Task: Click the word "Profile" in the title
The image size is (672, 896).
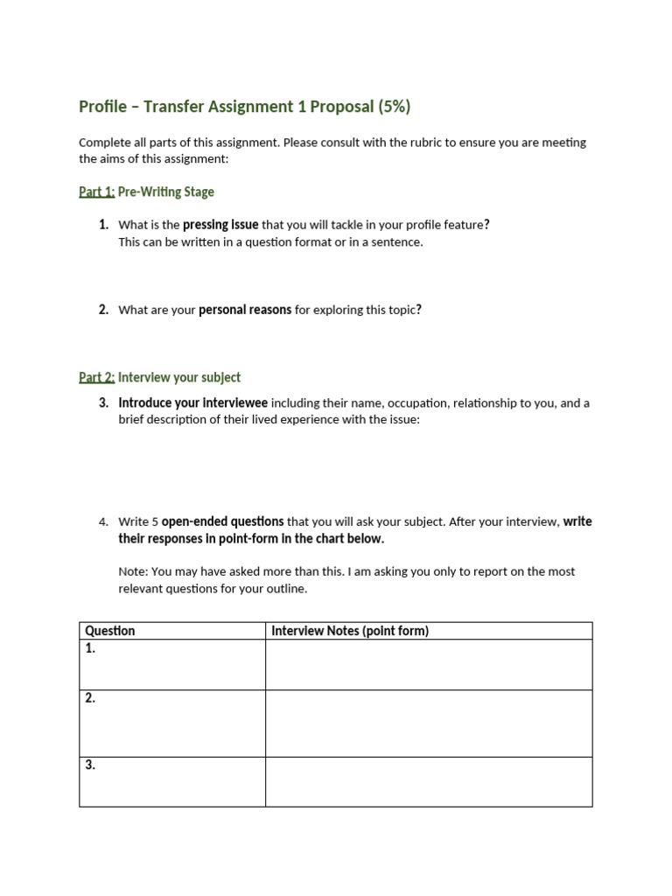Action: point(102,107)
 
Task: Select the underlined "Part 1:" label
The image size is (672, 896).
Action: point(96,192)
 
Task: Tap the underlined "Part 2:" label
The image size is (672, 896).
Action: point(96,377)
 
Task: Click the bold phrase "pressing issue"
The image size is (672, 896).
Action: point(220,225)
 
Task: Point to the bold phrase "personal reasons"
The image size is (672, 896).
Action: point(245,310)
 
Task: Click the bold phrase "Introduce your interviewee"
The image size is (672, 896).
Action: point(193,403)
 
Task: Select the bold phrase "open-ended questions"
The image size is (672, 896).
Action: point(222,522)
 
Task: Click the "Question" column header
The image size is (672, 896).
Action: point(110,631)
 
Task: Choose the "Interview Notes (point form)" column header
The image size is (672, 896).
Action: point(350,631)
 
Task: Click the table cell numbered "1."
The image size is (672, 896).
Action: point(171,664)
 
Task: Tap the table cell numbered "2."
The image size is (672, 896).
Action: point(171,723)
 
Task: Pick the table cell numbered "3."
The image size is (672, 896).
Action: point(171,781)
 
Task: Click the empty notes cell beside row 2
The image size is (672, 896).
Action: point(429,723)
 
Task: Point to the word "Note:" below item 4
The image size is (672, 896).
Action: point(133,571)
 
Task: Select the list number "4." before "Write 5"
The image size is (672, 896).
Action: point(103,522)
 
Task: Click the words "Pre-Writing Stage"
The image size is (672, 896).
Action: point(166,192)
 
